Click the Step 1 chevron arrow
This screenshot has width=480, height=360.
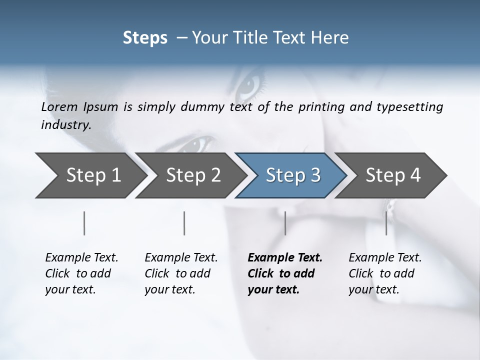click(90, 175)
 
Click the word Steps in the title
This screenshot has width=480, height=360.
click(145, 38)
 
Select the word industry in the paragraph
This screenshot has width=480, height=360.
click(65, 124)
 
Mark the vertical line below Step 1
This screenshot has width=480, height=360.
click(84, 223)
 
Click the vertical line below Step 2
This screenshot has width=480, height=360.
click(184, 223)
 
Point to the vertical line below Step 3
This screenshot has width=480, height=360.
click(285, 223)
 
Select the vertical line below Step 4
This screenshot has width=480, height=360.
click(386, 223)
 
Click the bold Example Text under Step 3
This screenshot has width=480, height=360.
click(285, 257)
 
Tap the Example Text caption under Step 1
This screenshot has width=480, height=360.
click(81, 257)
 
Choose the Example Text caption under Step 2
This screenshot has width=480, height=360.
click(181, 257)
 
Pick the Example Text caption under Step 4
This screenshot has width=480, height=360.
click(385, 257)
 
